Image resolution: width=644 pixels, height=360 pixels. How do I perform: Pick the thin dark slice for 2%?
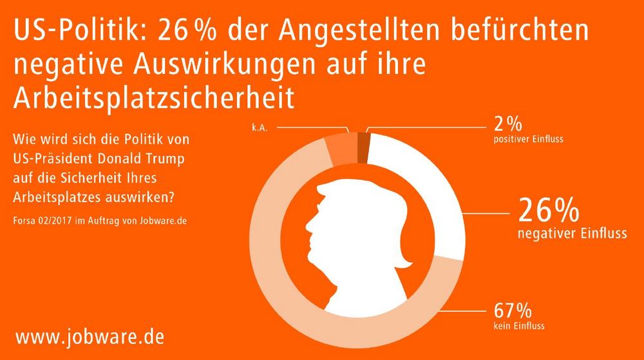click(363, 139)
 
